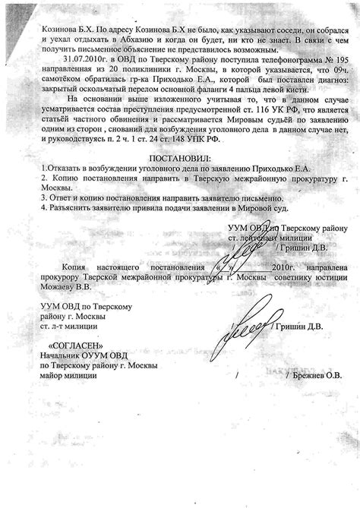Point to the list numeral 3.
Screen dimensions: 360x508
[x=44, y=197]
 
